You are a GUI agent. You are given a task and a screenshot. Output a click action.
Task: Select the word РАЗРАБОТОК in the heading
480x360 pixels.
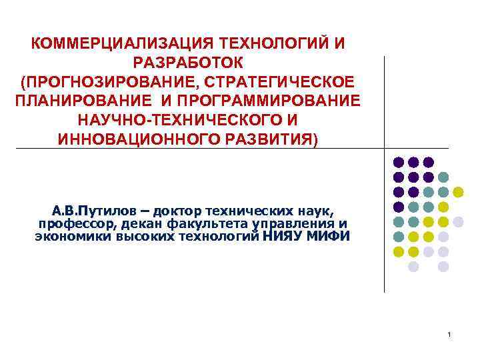coord(189,63)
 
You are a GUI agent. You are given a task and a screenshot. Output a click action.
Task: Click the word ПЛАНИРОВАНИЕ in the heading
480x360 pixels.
coord(84,102)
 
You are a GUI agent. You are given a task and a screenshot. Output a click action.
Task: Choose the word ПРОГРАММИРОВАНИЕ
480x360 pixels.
coord(270,102)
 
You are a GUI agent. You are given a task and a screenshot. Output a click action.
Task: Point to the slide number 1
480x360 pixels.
coord(450,334)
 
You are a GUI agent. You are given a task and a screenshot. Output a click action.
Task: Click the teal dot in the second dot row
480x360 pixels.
coord(443,177)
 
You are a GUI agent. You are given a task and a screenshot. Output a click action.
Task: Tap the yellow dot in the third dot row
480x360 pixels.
coord(458,192)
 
